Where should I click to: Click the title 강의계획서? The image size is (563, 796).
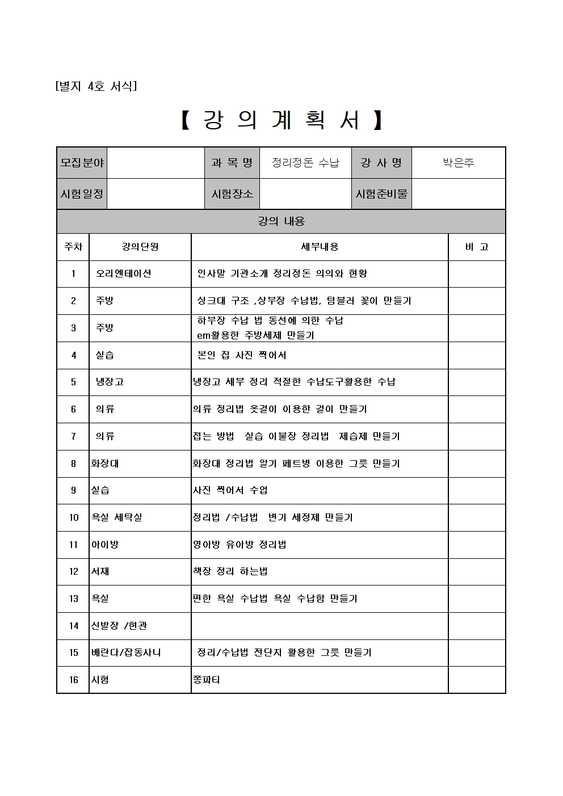pyautogui.click(x=281, y=120)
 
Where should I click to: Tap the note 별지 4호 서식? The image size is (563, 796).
pyautogui.click(x=96, y=86)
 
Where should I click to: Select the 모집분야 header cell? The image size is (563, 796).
pyautogui.click(x=82, y=163)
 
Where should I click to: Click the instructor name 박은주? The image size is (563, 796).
pyautogui.click(x=458, y=163)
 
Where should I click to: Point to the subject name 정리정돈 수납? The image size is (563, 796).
pyautogui.click(x=305, y=163)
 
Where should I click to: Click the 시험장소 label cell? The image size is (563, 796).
pyautogui.click(x=232, y=193)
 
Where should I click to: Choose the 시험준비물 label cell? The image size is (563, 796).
pyautogui.click(x=381, y=193)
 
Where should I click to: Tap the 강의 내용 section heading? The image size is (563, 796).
pyautogui.click(x=281, y=221)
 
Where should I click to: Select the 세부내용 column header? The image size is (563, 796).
pyautogui.click(x=320, y=247)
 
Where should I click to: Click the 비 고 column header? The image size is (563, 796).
pyautogui.click(x=477, y=247)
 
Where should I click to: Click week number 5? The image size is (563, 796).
pyautogui.click(x=73, y=382)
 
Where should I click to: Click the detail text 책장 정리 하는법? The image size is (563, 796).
pyautogui.click(x=230, y=571)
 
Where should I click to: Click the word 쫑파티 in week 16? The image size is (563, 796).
pyautogui.click(x=207, y=680)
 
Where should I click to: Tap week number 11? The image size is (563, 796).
pyautogui.click(x=73, y=545)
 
